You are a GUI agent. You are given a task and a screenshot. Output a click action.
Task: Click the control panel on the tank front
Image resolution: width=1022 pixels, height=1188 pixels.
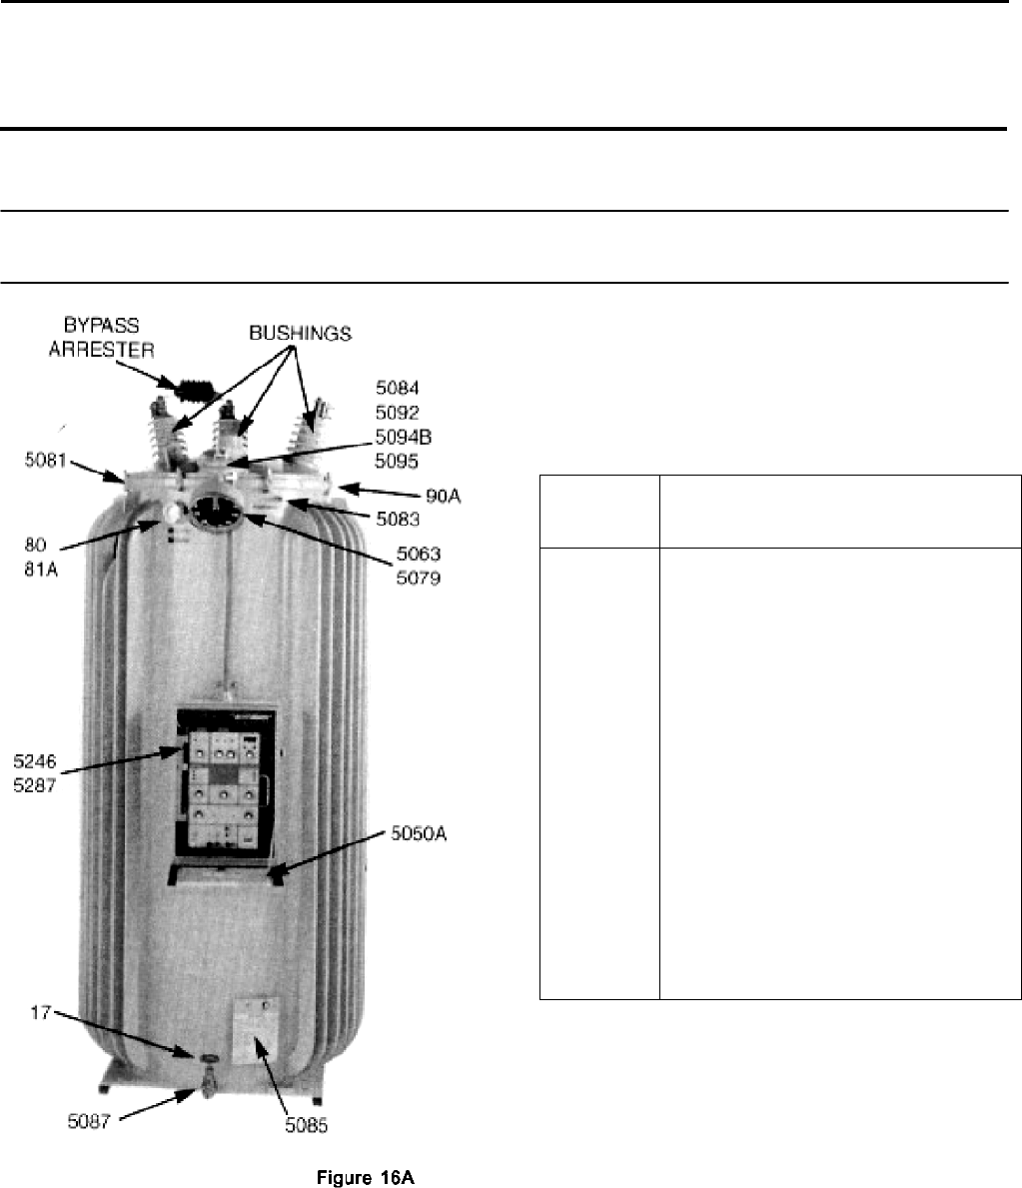click(227, 782)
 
